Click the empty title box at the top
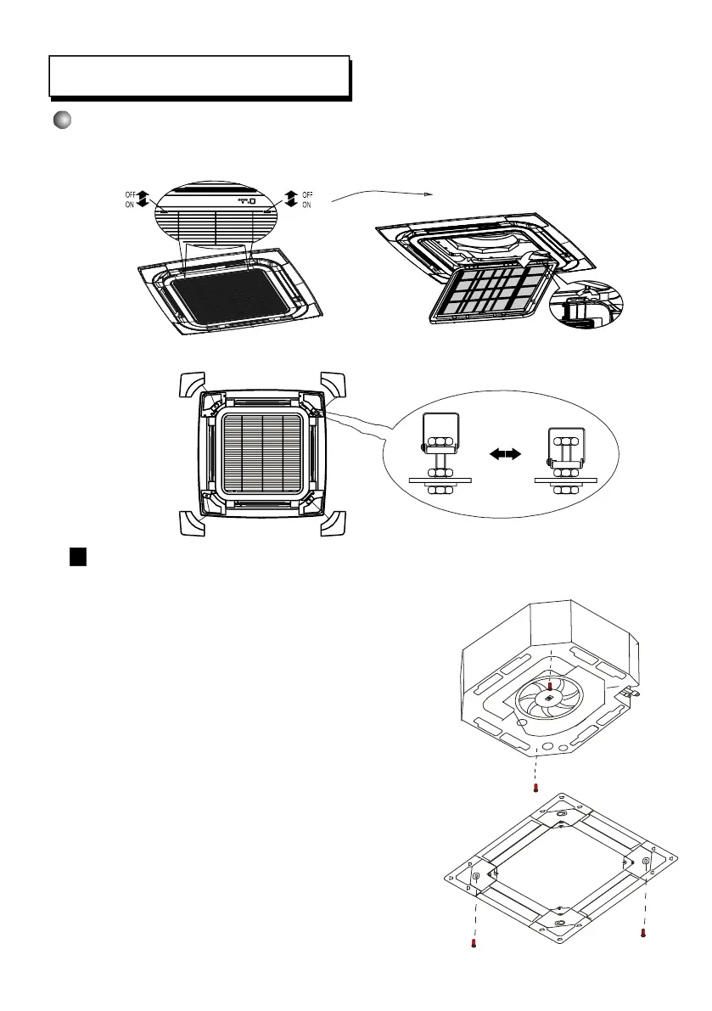coord(199,76)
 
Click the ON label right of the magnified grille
coord(306,205)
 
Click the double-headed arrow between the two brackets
coord(504,455)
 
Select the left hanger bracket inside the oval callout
coord(440,455)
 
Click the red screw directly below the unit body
coord(535,788)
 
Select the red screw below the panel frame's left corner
coord(474,942)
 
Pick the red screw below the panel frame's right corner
coord(643,933)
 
